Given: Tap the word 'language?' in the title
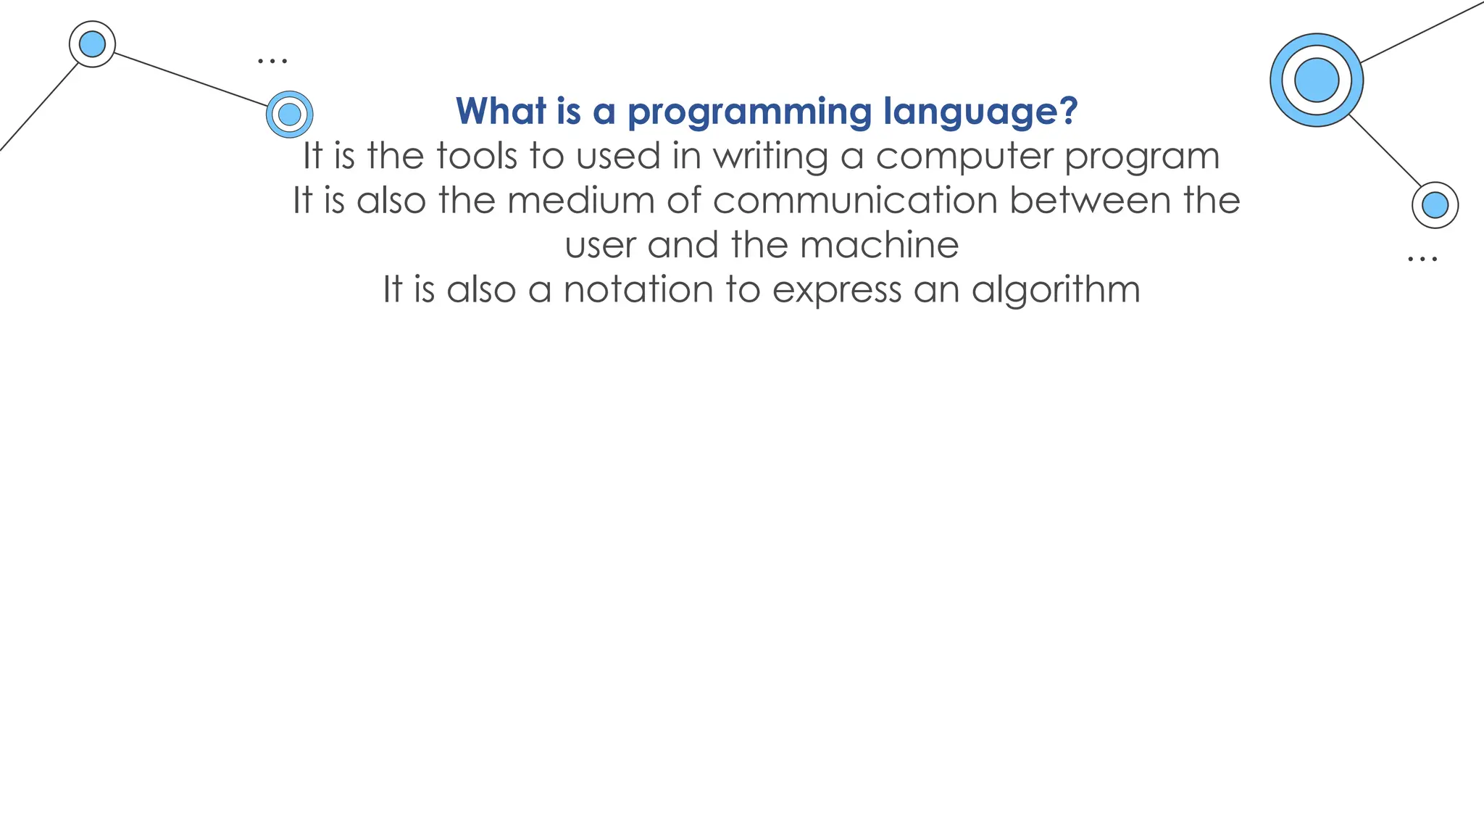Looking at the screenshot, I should click(980, 112).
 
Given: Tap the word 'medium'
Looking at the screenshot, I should click(580, 200).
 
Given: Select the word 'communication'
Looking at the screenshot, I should click(855, 200).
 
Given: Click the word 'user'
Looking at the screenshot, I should click(599, 245).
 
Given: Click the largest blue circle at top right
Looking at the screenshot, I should click(1316, 80).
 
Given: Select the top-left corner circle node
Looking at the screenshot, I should click(92, 44).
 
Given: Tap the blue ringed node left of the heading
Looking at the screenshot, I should click(289, 114).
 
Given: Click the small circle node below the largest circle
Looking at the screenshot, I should click(1435, 205).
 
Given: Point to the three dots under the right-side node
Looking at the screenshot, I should click(1422, 258).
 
